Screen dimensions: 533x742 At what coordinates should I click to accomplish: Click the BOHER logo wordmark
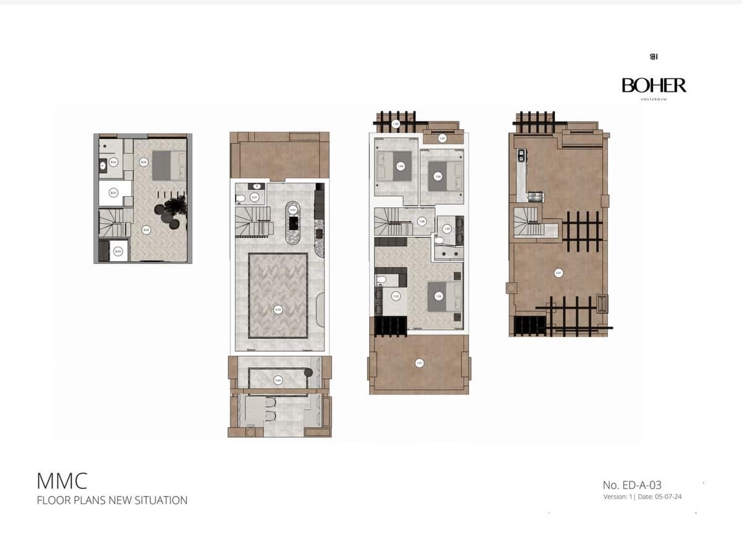(654, 85)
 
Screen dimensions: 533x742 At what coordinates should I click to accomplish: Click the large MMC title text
(62, 480)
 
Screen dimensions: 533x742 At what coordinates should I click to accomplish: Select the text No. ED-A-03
(632, 485)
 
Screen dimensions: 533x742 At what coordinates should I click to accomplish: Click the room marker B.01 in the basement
(113, 193)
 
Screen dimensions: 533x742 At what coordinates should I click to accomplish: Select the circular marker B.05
(118, 251)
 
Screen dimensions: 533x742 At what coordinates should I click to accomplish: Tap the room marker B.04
(146, 230)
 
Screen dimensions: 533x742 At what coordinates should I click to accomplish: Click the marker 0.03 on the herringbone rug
(278, 309)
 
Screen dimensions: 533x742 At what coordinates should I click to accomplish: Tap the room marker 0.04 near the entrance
(278, 380)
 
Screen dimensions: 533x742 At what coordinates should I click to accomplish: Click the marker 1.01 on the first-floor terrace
(420, 363)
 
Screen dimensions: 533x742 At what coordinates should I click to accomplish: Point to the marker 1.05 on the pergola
(396, 124)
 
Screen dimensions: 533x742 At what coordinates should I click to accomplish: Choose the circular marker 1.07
(443, 138)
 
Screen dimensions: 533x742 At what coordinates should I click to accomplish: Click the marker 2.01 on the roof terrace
(558, 273)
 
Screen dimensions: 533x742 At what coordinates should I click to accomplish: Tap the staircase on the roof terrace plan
(527, 221)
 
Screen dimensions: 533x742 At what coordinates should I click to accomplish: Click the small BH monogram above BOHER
(654, 57)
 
